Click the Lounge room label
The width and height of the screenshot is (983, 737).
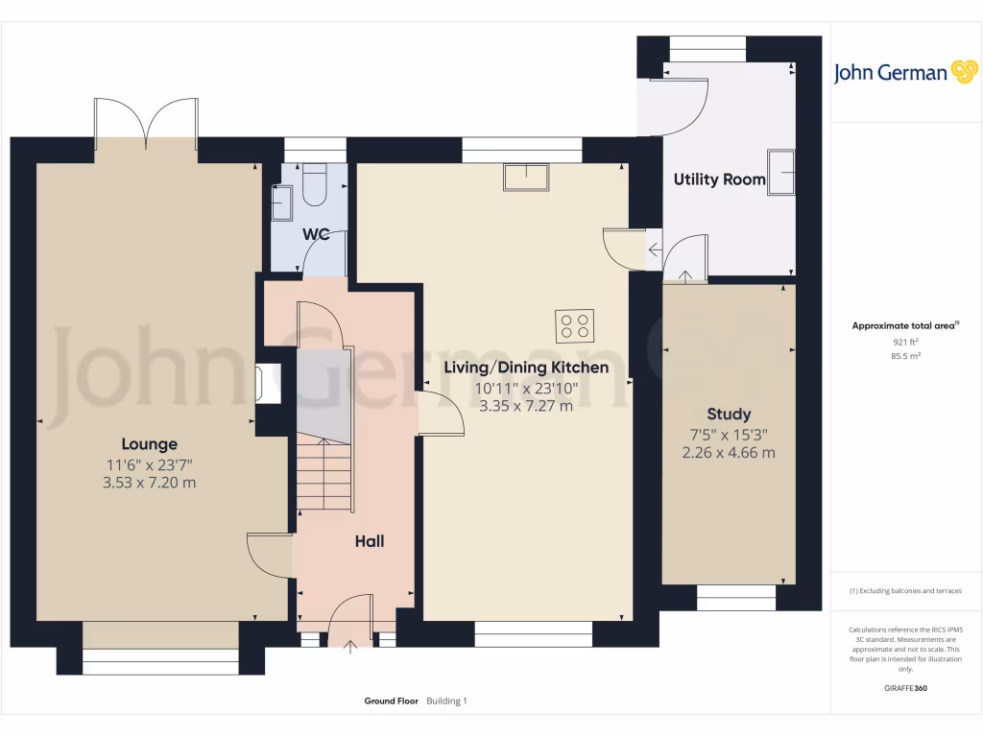pyautogui.click(x=149, y=443)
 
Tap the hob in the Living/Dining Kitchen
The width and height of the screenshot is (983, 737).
pyautogui.click(x=574, y=325)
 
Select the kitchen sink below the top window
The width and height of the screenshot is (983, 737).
pyautogui.click(x=526, y=178)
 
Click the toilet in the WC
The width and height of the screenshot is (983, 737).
pyautogui.click(x=314, y=185)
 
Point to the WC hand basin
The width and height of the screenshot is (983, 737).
pyautogui.click(x=281, y=202)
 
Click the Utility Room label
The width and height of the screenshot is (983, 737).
pyautogui.click(x=719, y=179)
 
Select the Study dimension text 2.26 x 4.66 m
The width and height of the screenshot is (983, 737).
pyautogui.click(x=729, y=453)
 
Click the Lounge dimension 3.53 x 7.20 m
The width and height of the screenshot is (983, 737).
pyautogui.click(x=149, y=482)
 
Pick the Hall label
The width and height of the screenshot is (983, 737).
pyautogui.click(x=370, y=541)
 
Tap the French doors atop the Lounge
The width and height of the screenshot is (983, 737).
pyautogui.click(x=146, y=123)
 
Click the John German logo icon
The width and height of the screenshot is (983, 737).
pyautogui.click(x=963, y=72)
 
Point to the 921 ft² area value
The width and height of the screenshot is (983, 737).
pyautogui.click(x=905, y=342)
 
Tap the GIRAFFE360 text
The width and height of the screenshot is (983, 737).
pyautogui.click(x=905, y=688)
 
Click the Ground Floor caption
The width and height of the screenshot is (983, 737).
pyautogui.click(x=391, y=701)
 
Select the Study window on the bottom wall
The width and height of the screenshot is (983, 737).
pyautogui.click(x=735, y=598)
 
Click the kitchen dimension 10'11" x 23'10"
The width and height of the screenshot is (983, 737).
pyautogui.click(x=525, y=388)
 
